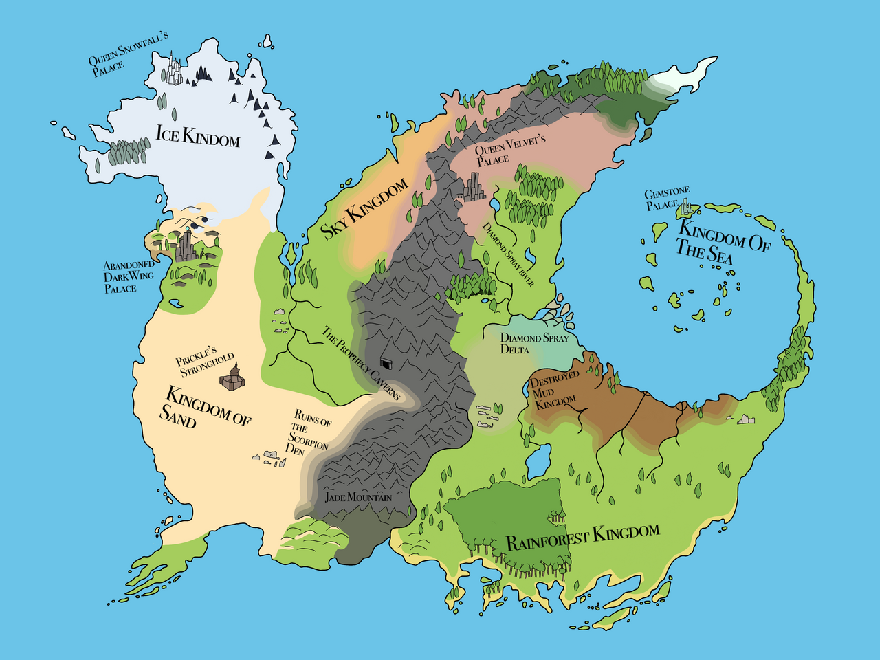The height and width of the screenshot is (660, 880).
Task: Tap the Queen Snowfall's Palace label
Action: click(127, 53)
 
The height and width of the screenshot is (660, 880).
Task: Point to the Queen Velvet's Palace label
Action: click(509, 149)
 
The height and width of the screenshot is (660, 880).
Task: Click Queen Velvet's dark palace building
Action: click(473, 186)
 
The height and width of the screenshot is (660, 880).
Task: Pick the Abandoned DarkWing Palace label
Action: click(128, 276)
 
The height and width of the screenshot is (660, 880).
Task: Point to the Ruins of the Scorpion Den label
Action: click(309, 432)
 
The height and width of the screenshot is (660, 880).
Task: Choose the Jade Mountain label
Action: click(358, 497)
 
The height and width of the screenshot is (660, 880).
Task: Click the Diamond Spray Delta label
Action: click(533, 343)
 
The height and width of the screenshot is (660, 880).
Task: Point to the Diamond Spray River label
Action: click(508, 254)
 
